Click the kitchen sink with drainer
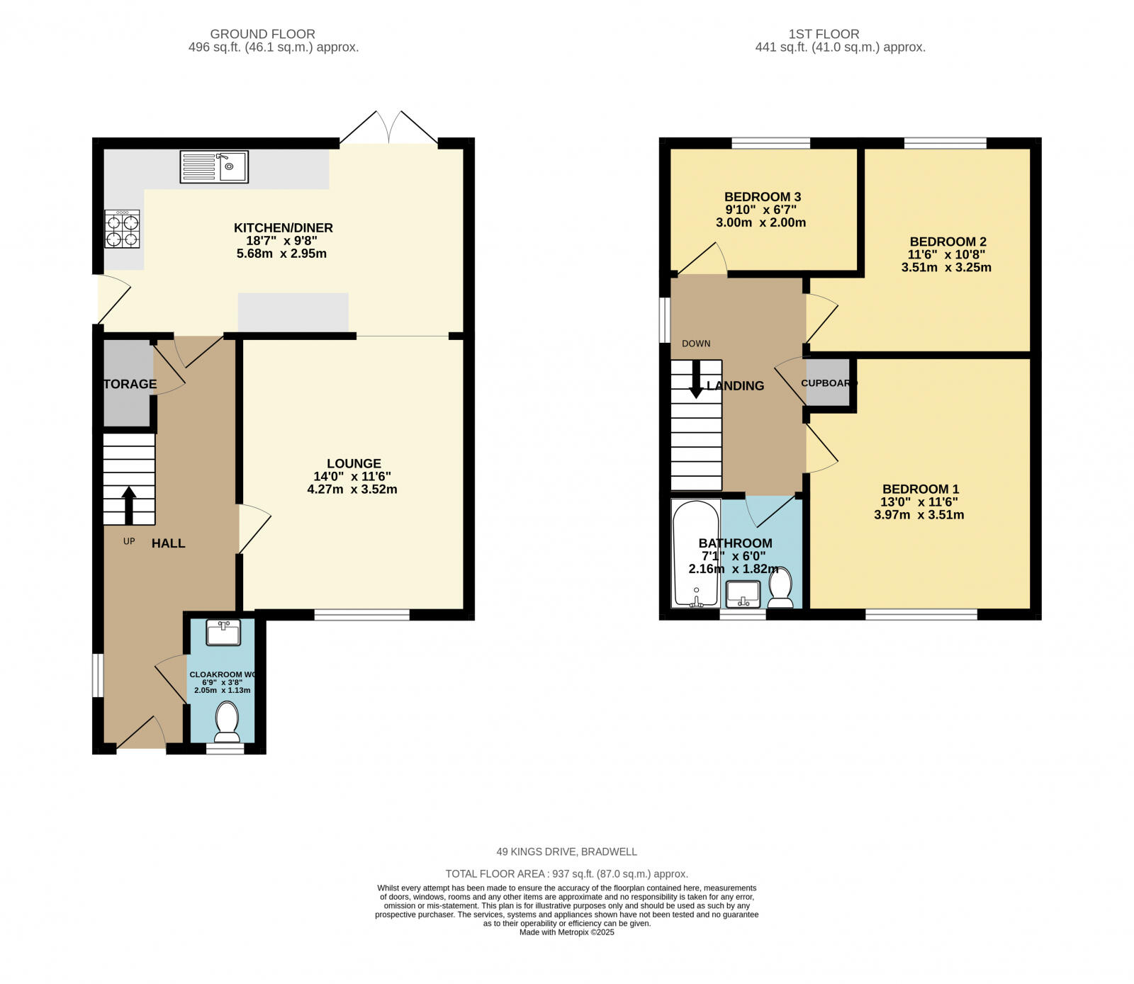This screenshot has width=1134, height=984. (214, 166)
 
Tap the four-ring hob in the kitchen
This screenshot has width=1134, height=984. (122, 230)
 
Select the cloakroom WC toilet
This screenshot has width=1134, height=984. (228, 720)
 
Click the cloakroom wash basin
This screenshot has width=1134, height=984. (223, 632)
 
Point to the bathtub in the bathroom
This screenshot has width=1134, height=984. (695, 554)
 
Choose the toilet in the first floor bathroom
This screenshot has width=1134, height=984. (780, 589)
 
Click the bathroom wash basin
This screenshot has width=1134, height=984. (743, 594)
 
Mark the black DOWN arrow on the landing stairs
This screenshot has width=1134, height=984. (696, 380)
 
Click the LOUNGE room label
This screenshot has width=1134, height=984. (354, 463)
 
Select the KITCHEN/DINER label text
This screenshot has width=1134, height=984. (283, 227)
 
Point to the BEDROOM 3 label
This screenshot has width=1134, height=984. (763, 196)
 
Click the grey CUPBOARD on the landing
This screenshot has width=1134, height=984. (828, 383)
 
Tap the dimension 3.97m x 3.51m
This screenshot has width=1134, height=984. (919, 515)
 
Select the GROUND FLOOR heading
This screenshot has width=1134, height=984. (262, 33)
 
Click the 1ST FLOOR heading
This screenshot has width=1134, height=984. (824, 33)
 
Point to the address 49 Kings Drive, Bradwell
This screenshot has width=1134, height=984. (566, 852)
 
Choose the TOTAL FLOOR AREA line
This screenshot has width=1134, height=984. (566, 873)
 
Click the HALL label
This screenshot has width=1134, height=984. (169, 543)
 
